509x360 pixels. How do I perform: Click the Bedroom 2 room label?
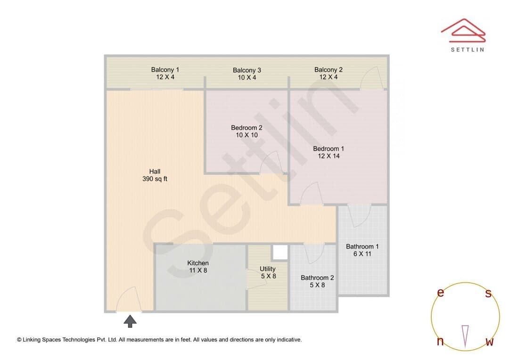pyautogui.click(x=246, y=128)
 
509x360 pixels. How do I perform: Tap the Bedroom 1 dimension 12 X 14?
pyautogui.click(x=328, y=156)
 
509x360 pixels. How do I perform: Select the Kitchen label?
pyautogui.click(x=197, y=263)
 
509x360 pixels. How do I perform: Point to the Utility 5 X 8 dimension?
pyautogui.click(x=269, y=276)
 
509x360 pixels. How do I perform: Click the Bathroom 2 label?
pyautogui.click(x=317, y=278)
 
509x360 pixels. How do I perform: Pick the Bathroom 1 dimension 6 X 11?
pyautogui.click(x=362, y=254)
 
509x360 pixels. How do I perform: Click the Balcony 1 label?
pyautogui.click(x=165, y=69)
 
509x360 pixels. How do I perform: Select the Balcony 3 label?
pyautogui.click(x=246, y=70)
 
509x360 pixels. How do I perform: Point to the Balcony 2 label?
pyautogui.click(x=328, y=69)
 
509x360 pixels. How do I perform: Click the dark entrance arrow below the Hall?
pyautogui.click(x=130, y=321)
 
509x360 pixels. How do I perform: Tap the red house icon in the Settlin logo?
pyautogui.click(x=463, y=31)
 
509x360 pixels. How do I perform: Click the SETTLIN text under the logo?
pyautogui.click(x=468, y=49)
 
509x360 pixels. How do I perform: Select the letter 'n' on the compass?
pyautogui.click(x=440, y=341)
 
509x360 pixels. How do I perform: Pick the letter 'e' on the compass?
pyautogui.click(x=441, y=293)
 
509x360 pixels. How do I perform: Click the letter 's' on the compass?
pyautogui.click(x=488, y=293)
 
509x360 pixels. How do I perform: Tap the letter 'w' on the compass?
pyautogui.click(x=490, y=342)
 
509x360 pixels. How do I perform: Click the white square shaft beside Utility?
pyautogui.click(x=280, y=252)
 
